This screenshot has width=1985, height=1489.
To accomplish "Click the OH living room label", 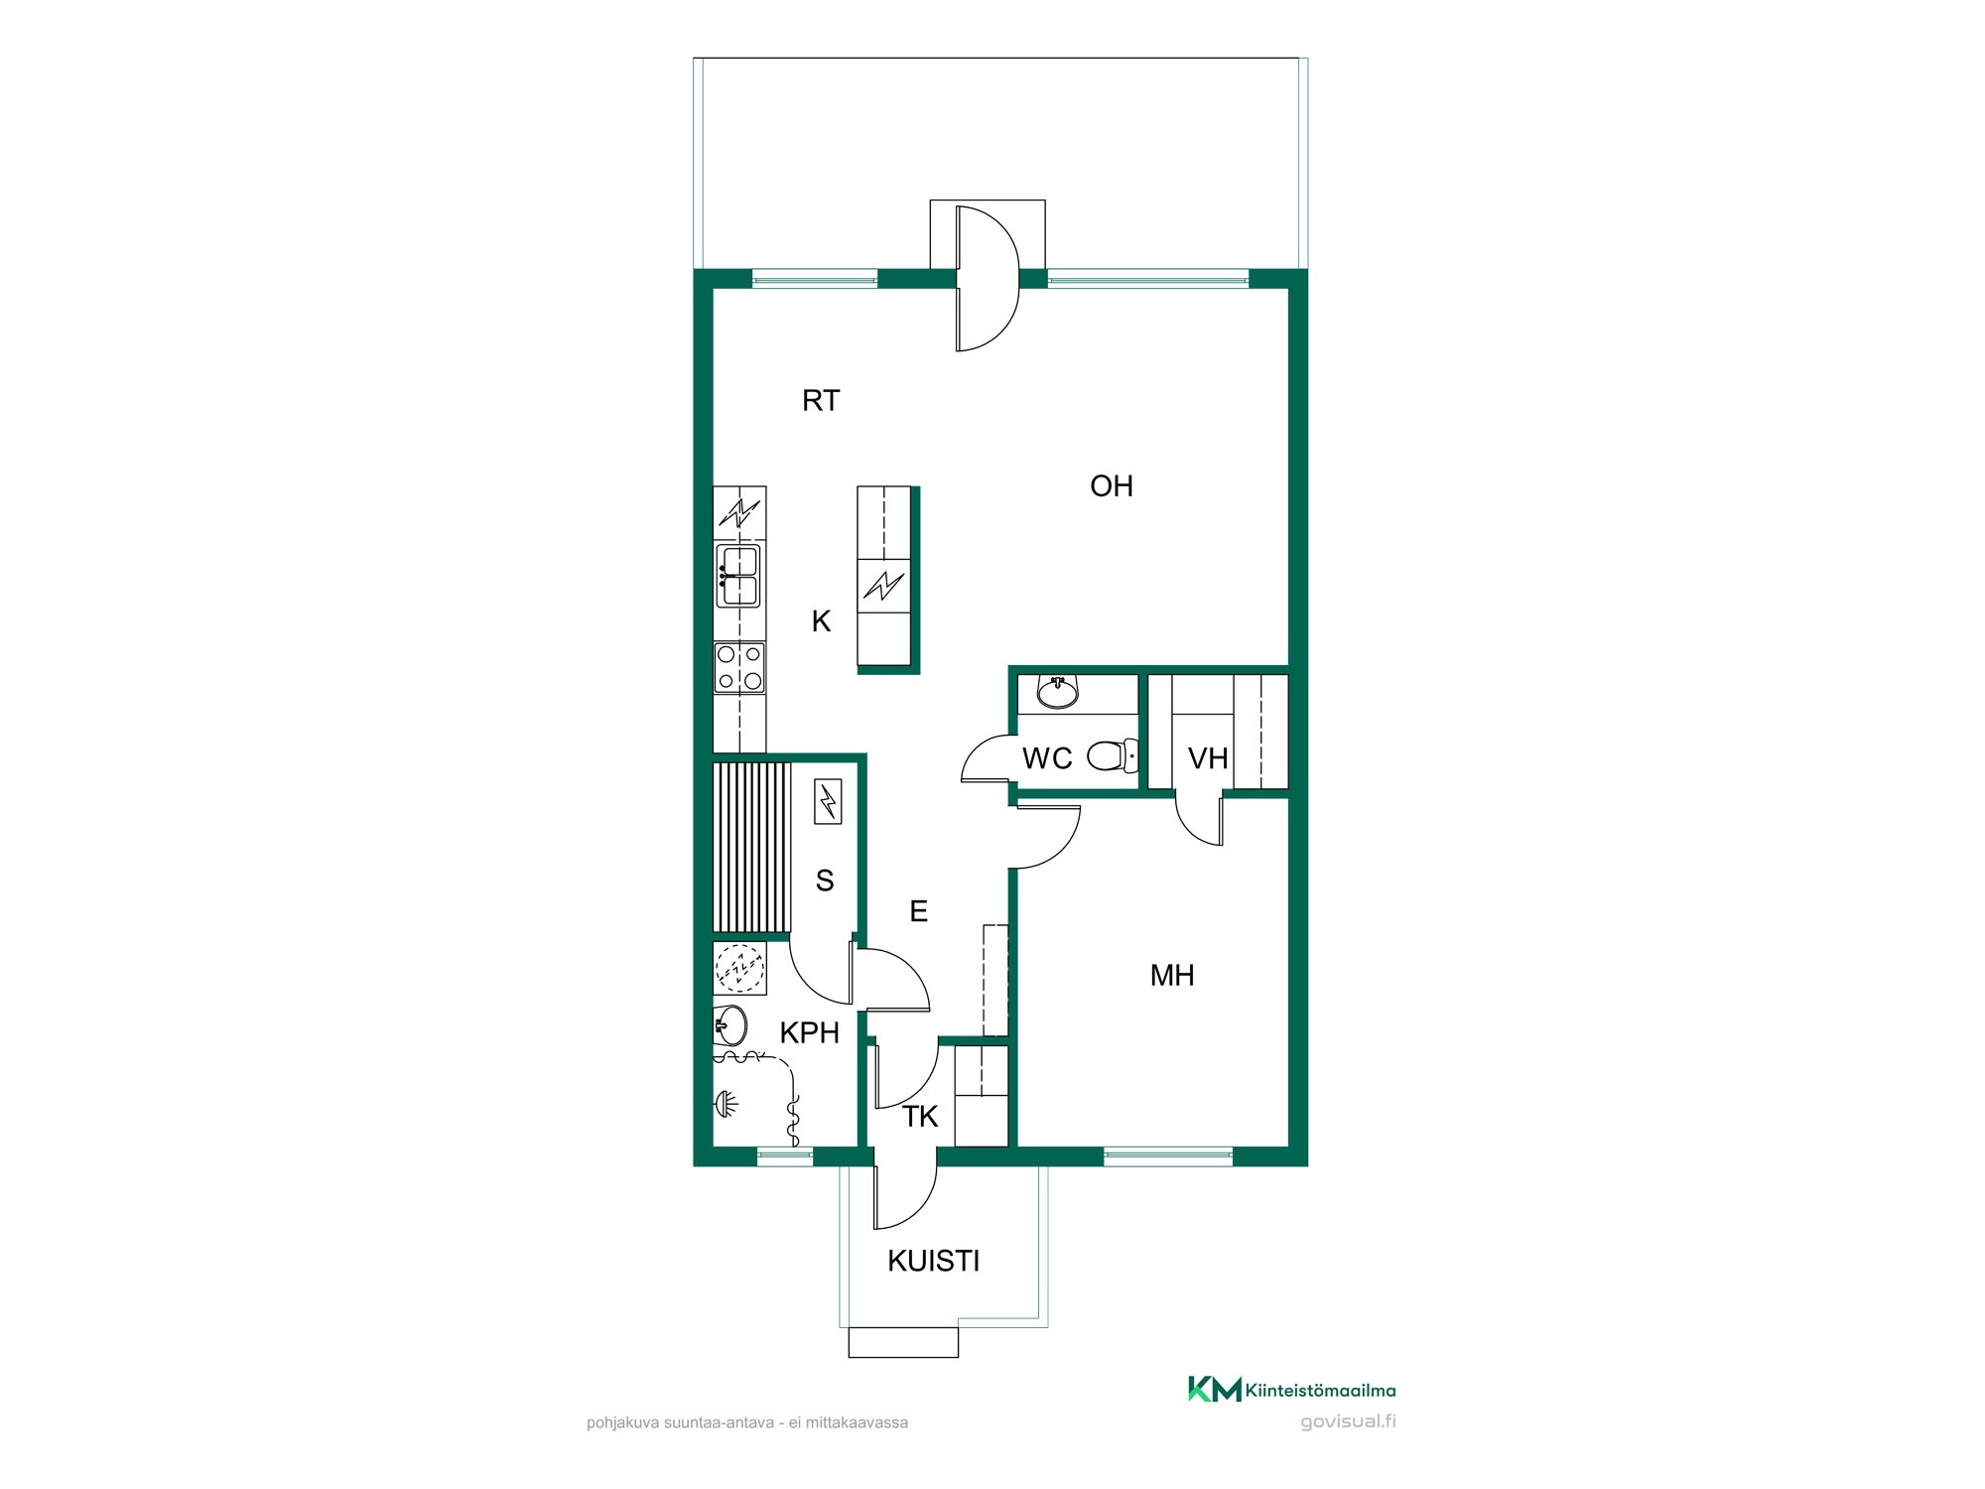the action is [1112, 485].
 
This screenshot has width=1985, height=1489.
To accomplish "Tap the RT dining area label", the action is [821, 400].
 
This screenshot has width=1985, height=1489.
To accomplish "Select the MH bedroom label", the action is [1172, 975].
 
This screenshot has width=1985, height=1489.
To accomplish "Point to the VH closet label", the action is [1208, 758].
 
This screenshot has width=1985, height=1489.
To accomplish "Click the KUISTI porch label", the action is [934, 1261].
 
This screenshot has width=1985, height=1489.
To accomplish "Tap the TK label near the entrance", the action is [920, 1117].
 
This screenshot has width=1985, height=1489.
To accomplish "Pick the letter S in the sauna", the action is [825, 880].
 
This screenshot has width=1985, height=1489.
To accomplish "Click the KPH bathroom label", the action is [810, 1032].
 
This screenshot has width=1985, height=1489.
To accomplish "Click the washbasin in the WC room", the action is [1058, 691].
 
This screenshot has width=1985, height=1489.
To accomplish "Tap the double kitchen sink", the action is [738, 576].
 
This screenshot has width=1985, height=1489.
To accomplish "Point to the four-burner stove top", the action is [739, 667].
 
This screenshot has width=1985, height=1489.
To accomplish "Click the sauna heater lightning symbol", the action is [828, 802].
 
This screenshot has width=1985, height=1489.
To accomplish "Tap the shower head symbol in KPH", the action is [726, 1103].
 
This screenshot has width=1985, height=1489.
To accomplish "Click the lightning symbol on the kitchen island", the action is [883, 587].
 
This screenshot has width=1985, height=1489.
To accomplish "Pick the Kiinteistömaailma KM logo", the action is [1215, 1389].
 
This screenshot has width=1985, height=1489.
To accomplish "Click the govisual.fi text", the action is [1348, 1421].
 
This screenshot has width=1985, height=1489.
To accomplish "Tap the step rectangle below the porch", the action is [903, 1343].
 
